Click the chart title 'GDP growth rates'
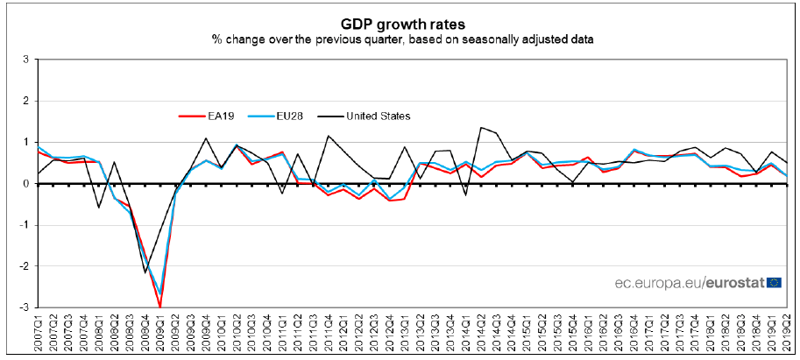(400, 23)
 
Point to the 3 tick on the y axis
(25, 60)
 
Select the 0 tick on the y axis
(25, 184)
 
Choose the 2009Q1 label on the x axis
(159, 337)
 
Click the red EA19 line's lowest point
(159, 307)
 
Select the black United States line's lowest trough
(145, 272)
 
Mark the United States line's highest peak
(480, 128)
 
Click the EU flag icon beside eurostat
(774, 282)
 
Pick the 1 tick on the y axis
(25, 143)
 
